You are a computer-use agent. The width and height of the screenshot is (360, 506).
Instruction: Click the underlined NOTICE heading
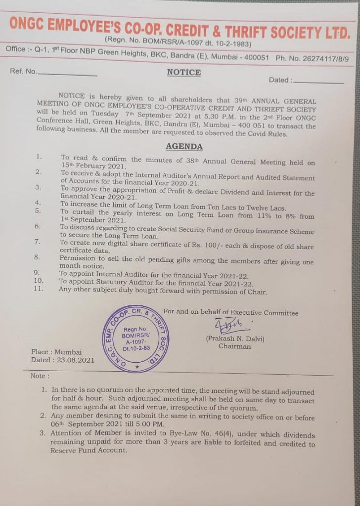click(184, 73)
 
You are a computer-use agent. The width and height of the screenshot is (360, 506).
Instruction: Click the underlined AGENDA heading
click(184, 147)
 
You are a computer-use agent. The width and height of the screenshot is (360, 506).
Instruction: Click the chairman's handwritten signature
click(229, 327)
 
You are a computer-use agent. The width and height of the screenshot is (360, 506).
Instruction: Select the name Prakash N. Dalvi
click(235, 339)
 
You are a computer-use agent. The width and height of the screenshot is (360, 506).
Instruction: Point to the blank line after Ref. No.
click(68, 75)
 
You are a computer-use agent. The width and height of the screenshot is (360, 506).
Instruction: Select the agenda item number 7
click(37, 242)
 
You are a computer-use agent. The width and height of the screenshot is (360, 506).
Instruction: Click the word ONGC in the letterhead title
click(31, 24)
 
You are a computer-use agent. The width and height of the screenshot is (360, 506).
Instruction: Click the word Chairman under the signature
click(235, 347)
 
